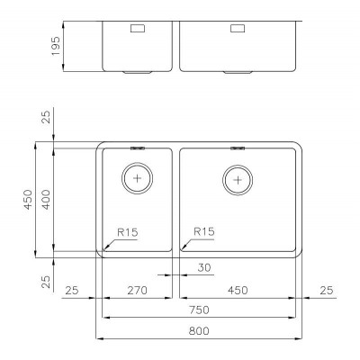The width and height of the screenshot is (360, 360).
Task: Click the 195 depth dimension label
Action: tap(56, 46)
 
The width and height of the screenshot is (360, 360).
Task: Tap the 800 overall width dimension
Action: tap(199, 331)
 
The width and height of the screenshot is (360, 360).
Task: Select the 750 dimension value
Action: tap(199, 310)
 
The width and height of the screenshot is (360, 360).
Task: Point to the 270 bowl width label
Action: tap(138, 291)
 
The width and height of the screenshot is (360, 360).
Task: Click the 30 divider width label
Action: tap(204, 267)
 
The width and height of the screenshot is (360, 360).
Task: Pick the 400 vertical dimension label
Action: tap(46, 199)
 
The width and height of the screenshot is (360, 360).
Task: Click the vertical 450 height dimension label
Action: tap(28, 199)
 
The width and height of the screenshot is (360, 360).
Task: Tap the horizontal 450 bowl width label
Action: tap(238, 291)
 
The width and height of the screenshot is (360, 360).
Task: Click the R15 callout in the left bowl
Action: tap(128, 232)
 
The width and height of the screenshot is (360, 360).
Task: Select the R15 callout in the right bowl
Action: tap(204, 231)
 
